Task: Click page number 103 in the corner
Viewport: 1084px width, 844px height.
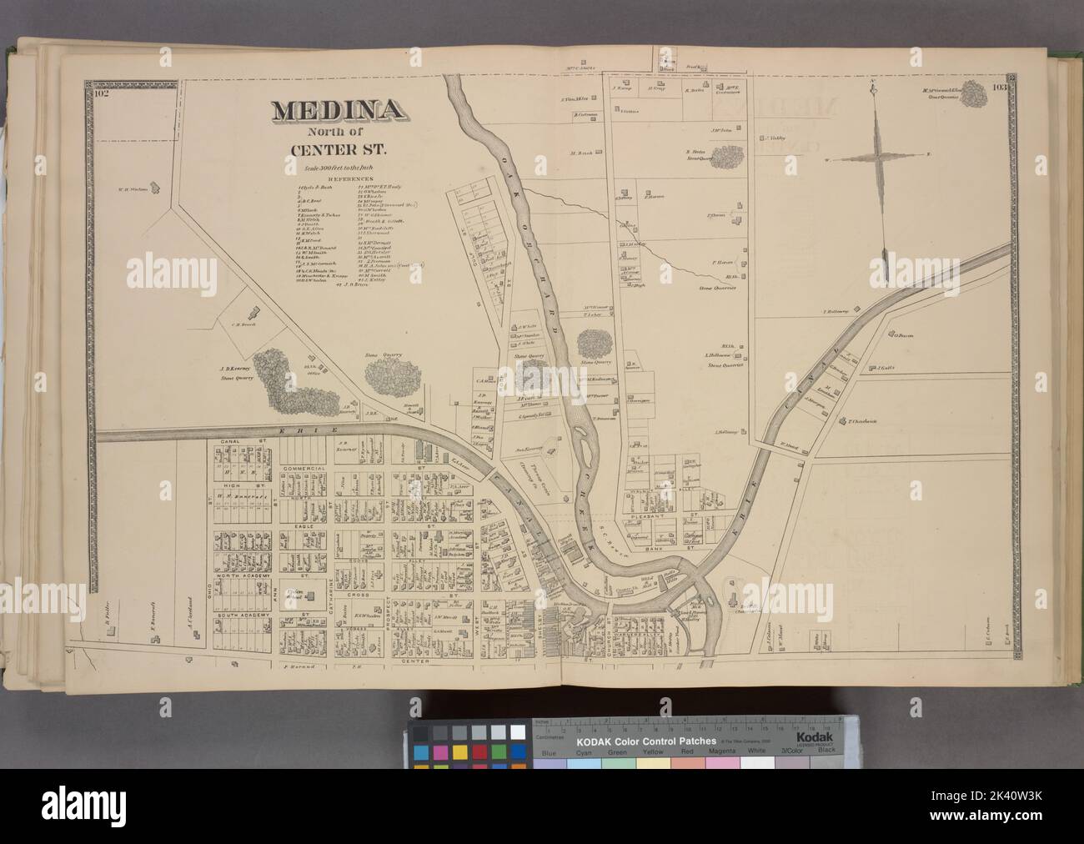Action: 1001,87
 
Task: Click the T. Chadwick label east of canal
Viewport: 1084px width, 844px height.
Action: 863,421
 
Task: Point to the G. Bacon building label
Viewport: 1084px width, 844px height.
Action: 904,336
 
